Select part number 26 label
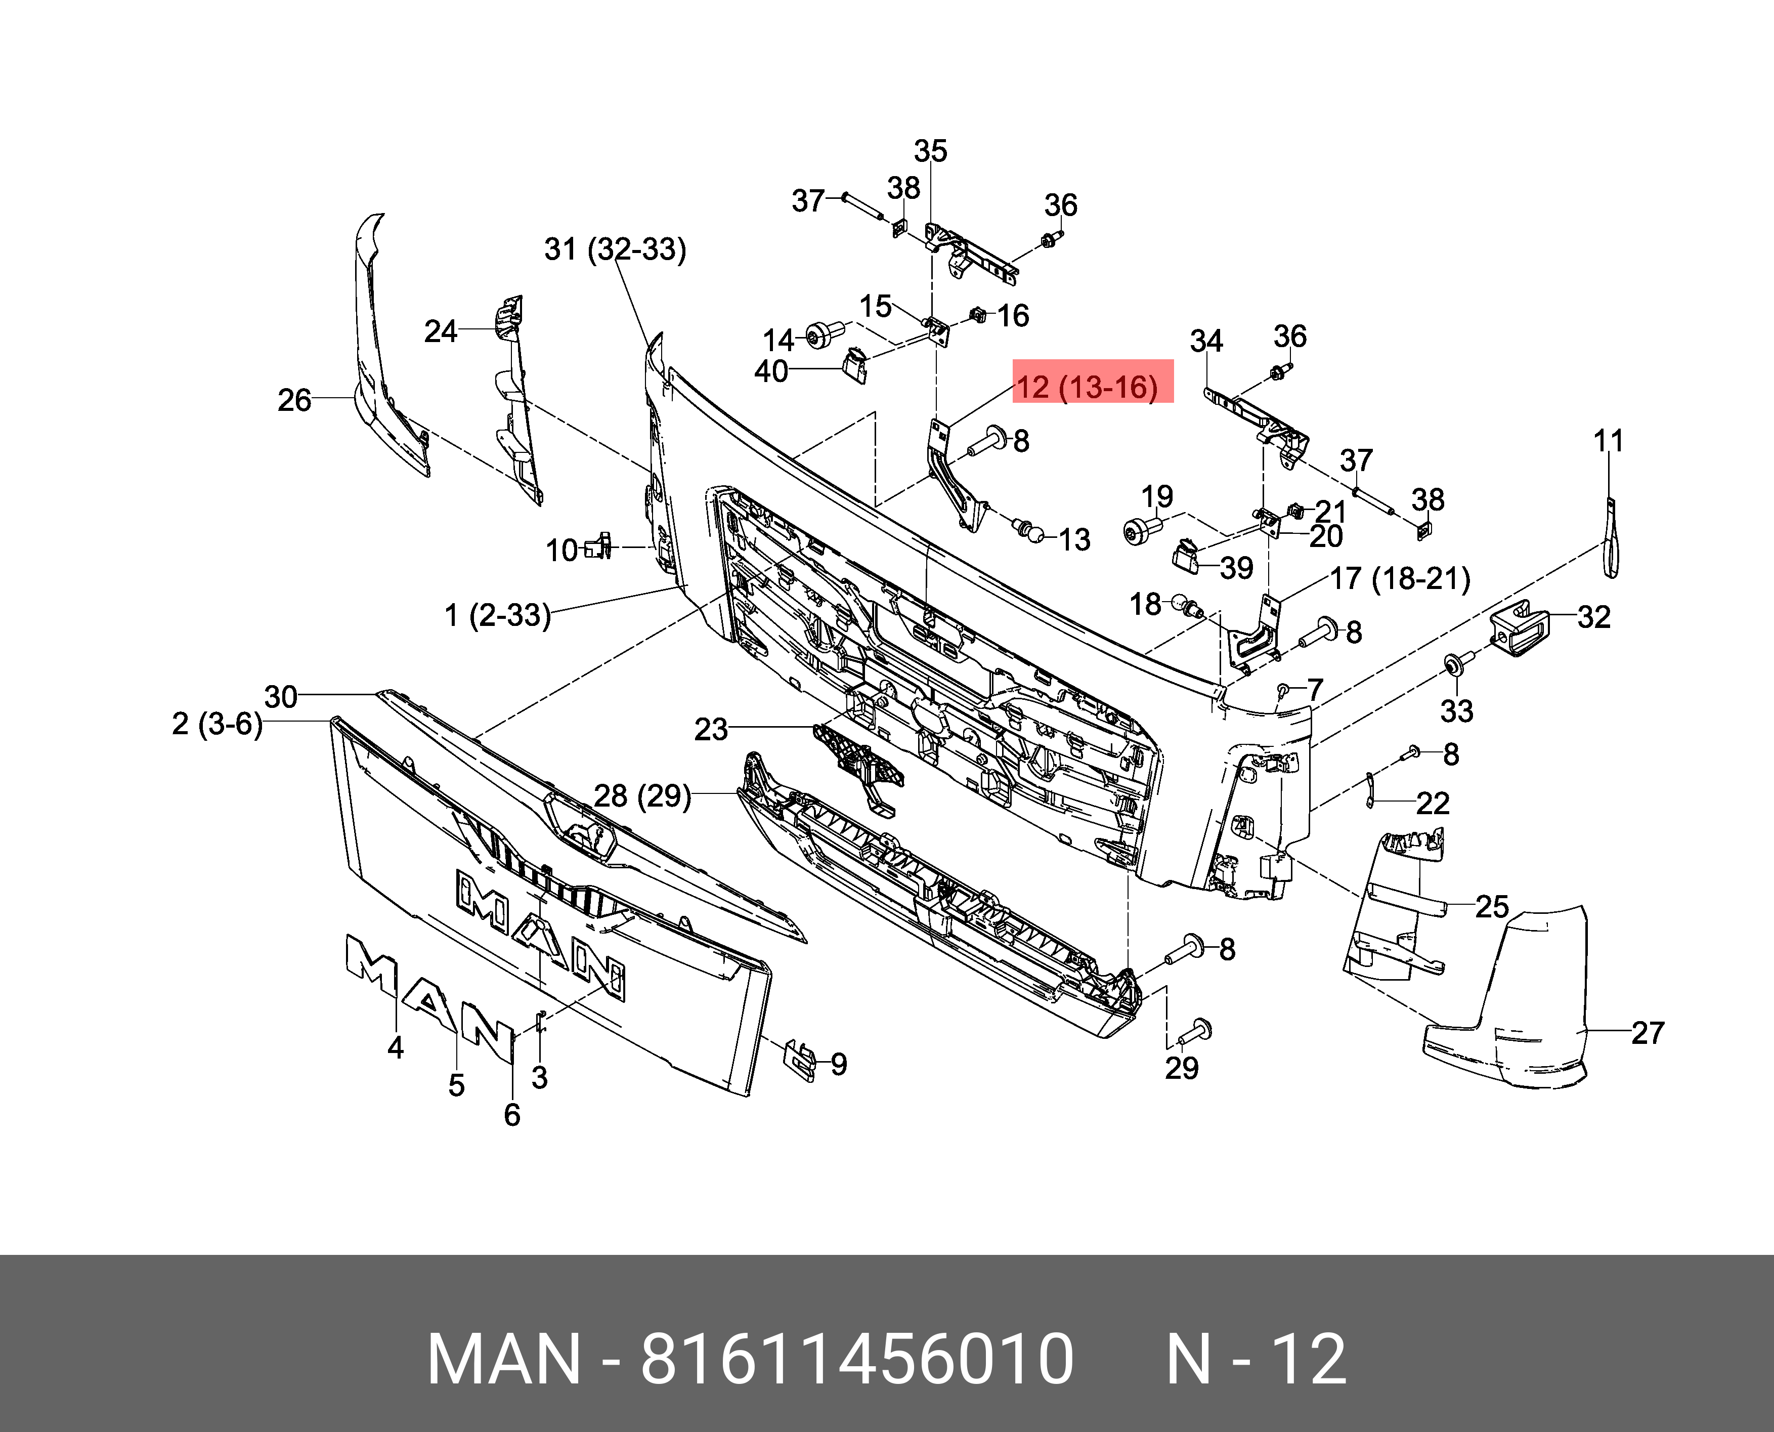[294, 400]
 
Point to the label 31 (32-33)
[615, 248]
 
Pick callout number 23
[711, 729]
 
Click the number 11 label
[1608, 441]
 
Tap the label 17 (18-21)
[1400, 578]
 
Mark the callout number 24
[441, 331]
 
